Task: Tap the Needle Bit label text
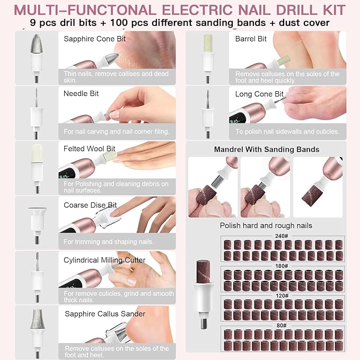pyautogui.click(x=81, y=93)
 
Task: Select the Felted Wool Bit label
pyautogui.click(x=89, y=148)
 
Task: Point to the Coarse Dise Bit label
pyautogui.click(x=90, y=205)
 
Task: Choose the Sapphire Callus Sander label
pyautogui.click(x=105, y=314)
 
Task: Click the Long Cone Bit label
pyautogui.click(x=259, y=94)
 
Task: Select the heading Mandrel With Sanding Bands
pyautogui.click(x=266, y=150)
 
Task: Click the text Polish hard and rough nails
pyautogui.click(x=266, y=225)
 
